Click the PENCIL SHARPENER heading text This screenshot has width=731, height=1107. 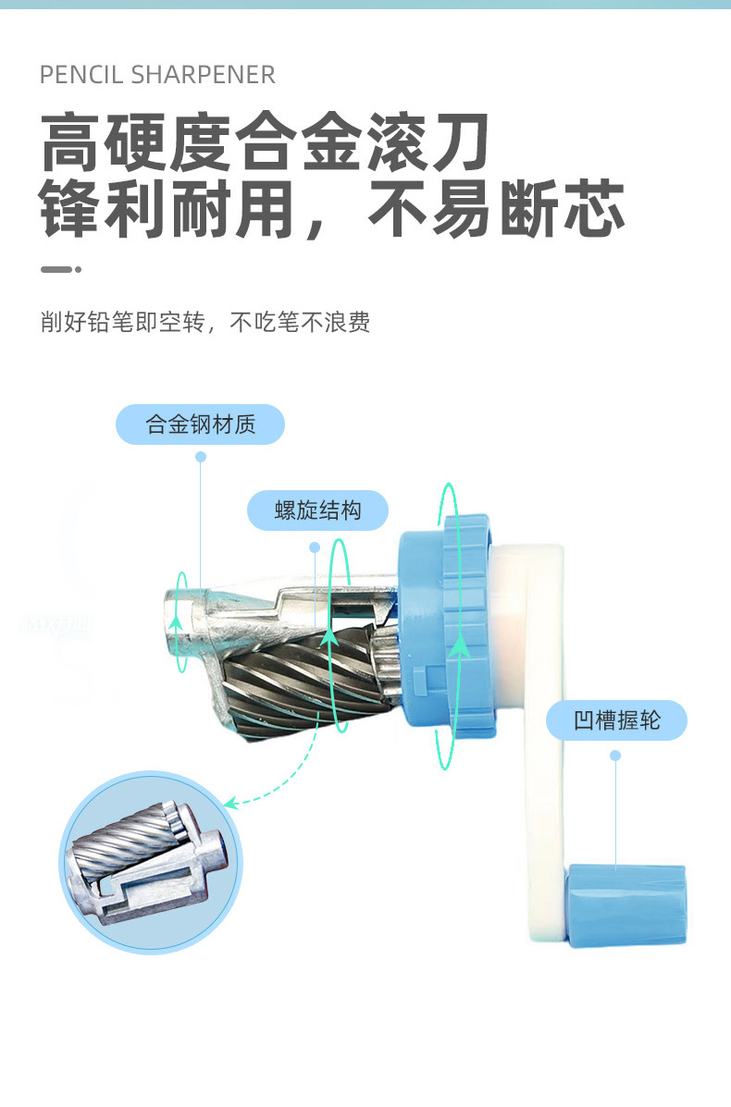157,75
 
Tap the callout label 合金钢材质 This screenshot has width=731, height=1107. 200,425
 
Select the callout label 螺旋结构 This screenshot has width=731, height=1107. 317,510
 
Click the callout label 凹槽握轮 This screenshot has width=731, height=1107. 616,720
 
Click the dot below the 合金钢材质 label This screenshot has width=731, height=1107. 201,457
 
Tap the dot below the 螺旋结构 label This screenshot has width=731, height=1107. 315,547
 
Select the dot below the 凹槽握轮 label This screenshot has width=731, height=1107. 615,756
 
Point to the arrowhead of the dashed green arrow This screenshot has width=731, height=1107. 230,803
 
